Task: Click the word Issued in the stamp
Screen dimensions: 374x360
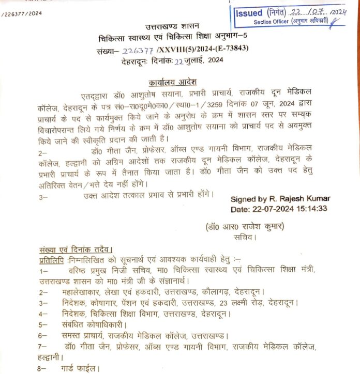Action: (x=248, y=12)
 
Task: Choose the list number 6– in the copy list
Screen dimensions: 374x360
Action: (x=43, y=335)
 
